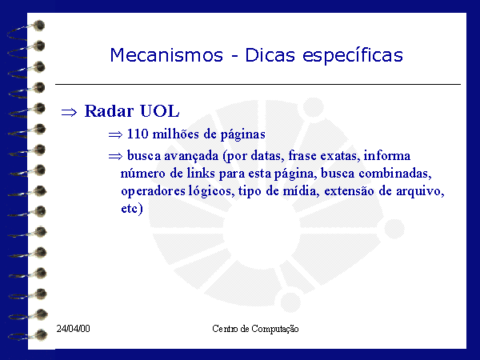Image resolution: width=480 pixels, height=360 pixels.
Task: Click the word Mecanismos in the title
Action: (x=166, y=55)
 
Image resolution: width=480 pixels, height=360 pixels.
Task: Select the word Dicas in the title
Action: (x=270, y=55)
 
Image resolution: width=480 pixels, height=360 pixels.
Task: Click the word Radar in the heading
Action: (x=109, y=111)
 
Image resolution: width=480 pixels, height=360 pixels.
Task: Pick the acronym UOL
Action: (x=159, y=111)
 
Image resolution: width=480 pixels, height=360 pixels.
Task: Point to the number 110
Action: (x=138, y=134)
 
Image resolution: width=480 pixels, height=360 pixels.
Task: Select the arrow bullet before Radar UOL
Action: (x=69, y=112)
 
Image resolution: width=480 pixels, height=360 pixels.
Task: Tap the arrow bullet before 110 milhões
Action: (x=115, y=134)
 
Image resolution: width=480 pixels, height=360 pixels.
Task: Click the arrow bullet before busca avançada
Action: (x=115, y=157)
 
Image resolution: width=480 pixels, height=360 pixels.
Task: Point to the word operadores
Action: (x=153, y=192)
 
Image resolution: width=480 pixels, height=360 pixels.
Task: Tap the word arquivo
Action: (x=420, y=192)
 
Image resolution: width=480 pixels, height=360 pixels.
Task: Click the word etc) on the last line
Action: (x=132, y=209)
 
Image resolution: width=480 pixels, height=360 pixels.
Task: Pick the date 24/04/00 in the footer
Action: (x=73, y=329)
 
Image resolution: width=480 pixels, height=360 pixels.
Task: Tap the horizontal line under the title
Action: (x=258, y=84)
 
